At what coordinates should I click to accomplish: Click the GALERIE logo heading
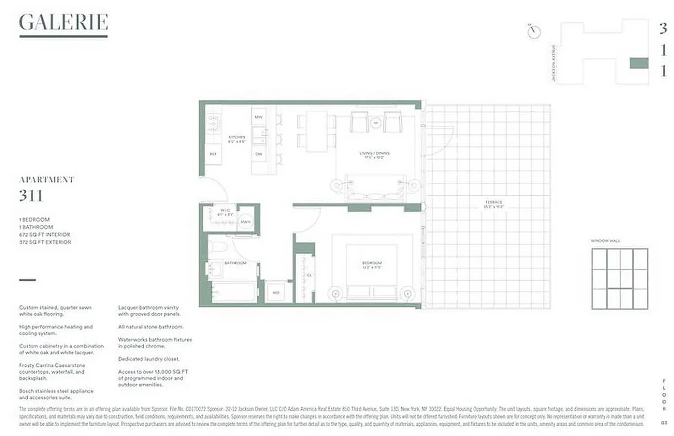(63, 23)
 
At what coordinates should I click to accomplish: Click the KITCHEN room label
(237, 137)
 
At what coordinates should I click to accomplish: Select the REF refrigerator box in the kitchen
(213, 154)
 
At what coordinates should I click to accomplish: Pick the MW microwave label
(258, 116)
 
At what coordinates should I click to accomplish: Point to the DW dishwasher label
(258, 154)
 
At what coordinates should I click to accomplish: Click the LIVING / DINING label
(375, 154)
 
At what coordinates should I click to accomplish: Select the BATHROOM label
(236, 263)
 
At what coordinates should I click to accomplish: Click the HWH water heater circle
(246, 222)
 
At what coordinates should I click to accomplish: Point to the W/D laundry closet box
(276, 292)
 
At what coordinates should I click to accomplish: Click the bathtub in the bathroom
(233, 292)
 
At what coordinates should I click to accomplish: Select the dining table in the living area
(316, 131)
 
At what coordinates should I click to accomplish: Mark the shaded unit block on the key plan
(639, 63)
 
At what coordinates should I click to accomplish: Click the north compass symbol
(534, 31)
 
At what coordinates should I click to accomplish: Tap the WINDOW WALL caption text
(605, 240)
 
